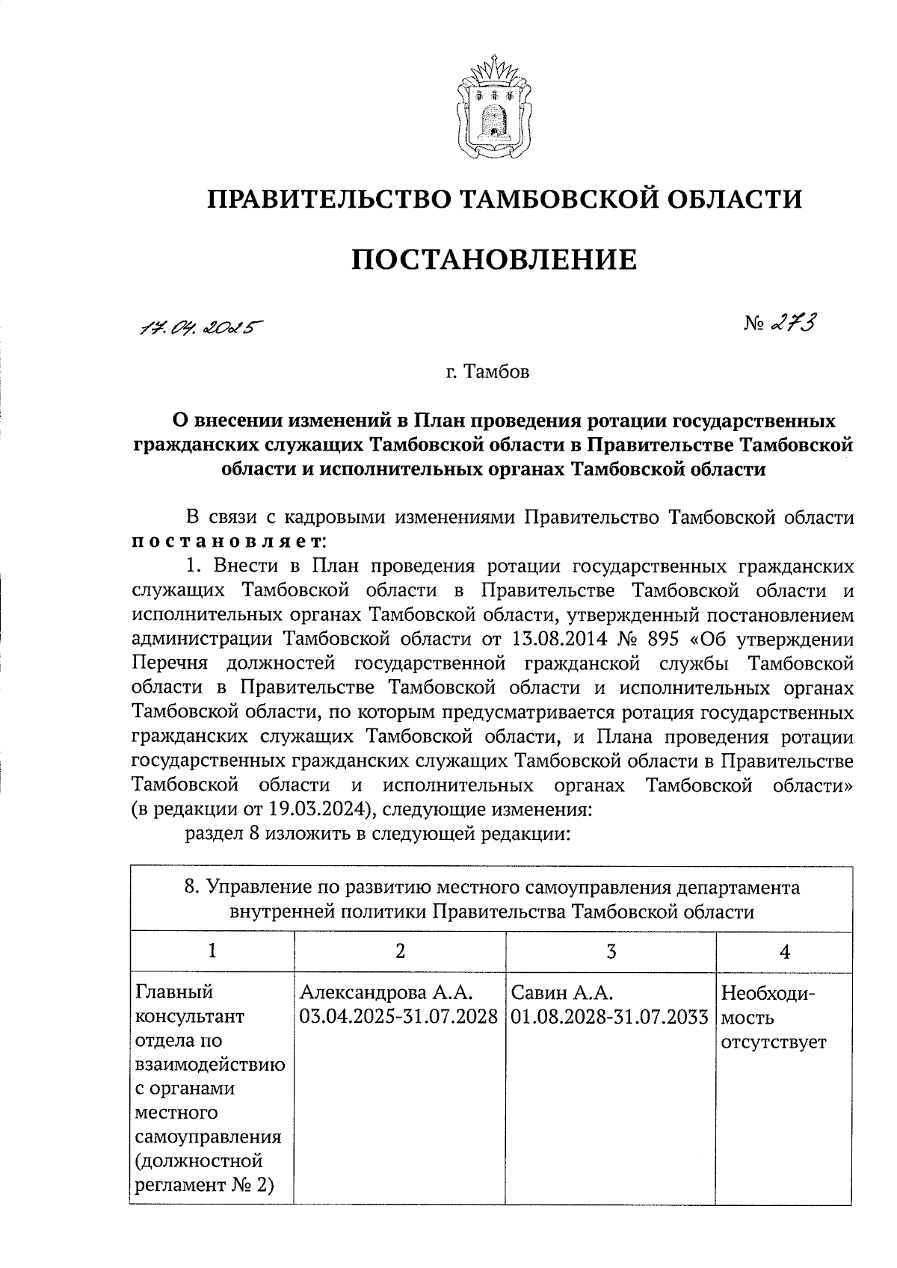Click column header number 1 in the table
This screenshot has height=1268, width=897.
212,950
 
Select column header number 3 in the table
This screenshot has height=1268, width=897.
611,950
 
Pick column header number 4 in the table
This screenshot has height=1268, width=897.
784,950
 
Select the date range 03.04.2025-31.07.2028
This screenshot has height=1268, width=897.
399,1016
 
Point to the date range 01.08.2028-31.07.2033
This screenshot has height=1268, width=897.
611,1016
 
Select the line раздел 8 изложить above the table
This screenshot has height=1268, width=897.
377,834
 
